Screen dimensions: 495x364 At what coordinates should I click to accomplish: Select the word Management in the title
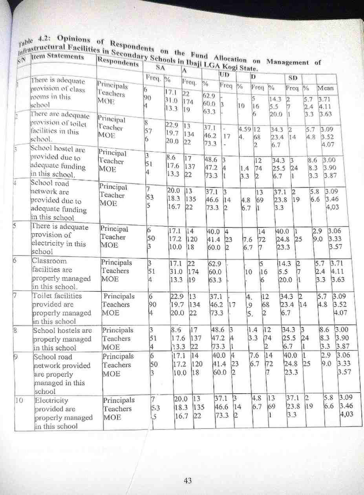[x=287, y=62]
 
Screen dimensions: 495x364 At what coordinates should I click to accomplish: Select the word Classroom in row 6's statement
[x=49, y=261]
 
